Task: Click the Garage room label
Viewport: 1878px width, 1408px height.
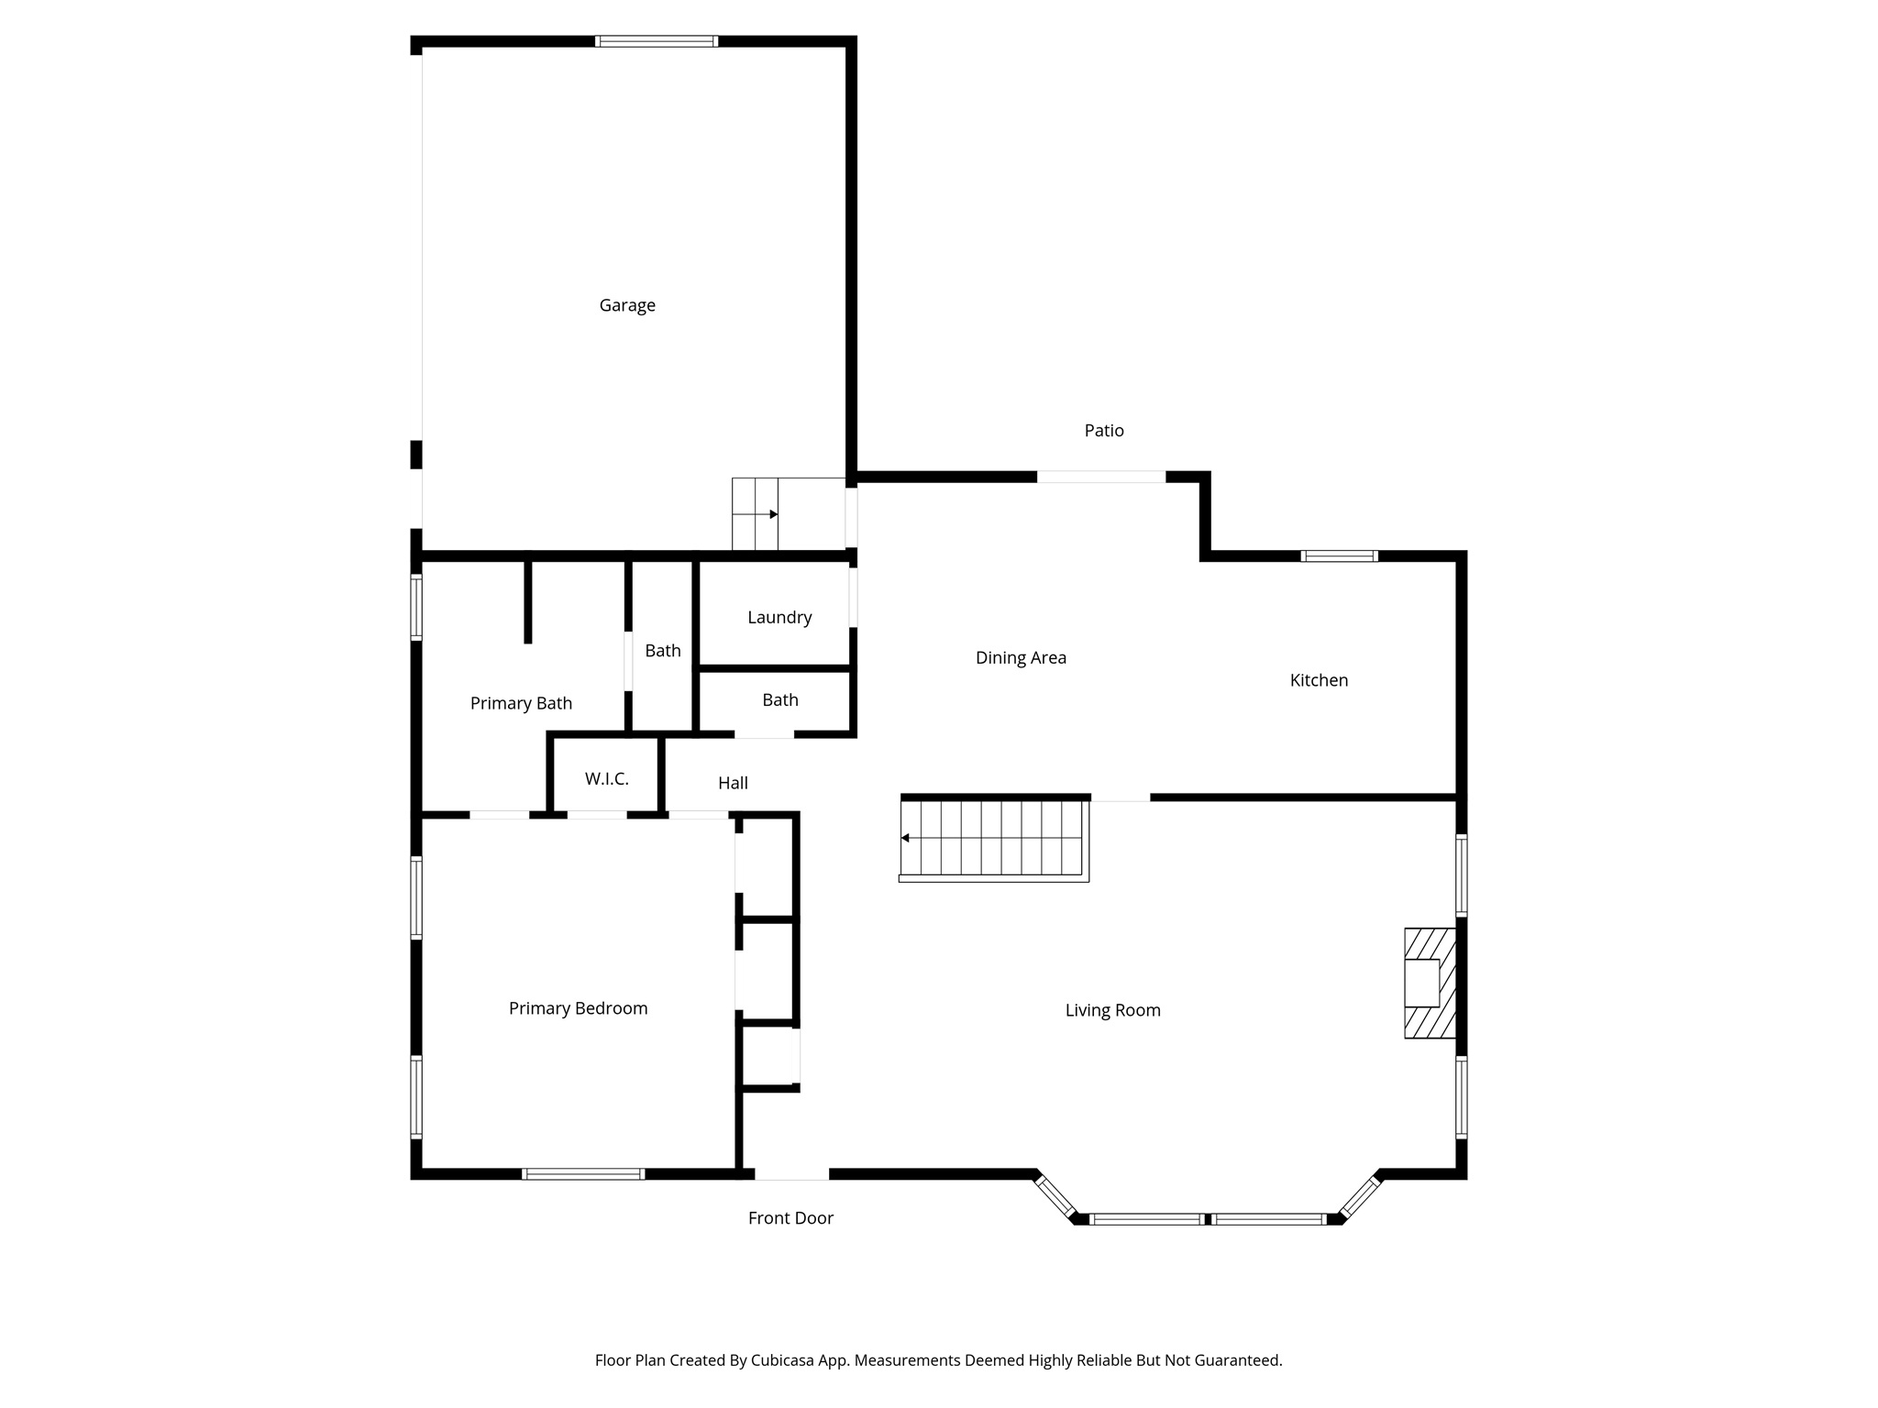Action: [x=627, y=305]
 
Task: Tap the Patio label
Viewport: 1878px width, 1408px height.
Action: [x=1104, y=431]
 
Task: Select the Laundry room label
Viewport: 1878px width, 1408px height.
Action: [x=779, y=618]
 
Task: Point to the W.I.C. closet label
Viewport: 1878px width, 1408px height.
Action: [x=607, y=779]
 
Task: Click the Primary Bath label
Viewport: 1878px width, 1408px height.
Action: [x=521, y=703]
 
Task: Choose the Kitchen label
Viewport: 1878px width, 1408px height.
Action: [x=1319, y=680]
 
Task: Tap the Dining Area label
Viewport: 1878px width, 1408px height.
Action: [x=1021, y=658]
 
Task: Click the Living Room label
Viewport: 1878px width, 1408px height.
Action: [x=1112, y=1010]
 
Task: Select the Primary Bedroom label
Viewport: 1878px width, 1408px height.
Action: [x=578, y=1008]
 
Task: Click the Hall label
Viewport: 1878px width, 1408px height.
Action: [x=733, y=783]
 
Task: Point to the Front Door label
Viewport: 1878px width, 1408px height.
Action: [x=790, y=1218]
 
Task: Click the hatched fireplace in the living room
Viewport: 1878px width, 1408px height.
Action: [x=1430, y=983]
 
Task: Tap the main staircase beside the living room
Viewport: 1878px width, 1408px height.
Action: [x=994, y=839]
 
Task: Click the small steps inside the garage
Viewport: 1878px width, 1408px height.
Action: [x=755, y=514]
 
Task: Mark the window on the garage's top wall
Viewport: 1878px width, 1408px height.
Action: [x=656, y=41]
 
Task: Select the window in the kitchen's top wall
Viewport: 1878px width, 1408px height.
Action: [x=1339, y=556]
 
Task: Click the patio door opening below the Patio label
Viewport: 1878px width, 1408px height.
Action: [x=1100, y=477]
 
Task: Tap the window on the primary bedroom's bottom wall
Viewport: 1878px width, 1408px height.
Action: [x=583, y=1174]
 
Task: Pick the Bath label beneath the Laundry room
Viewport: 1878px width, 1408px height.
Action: [x=780, y=700]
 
